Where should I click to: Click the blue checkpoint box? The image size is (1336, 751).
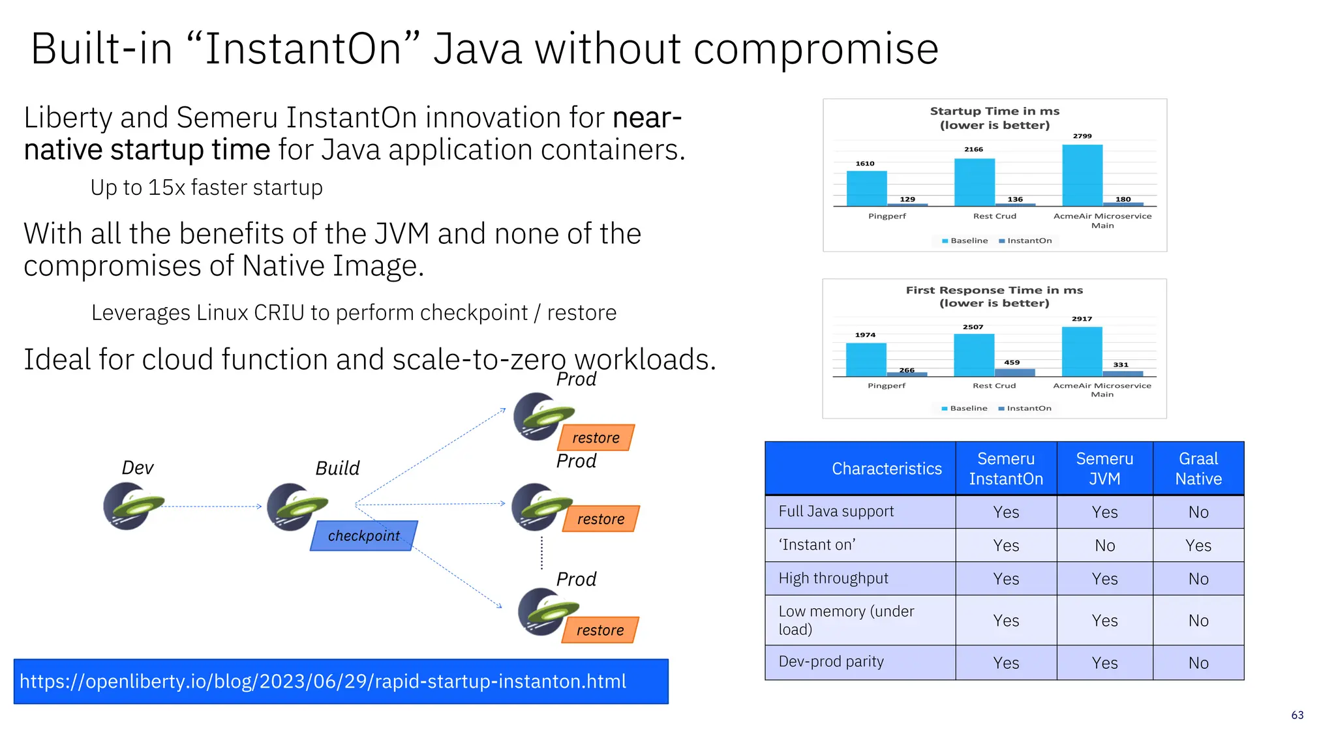pos(363,535)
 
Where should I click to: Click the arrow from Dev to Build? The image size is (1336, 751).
pos(212,507)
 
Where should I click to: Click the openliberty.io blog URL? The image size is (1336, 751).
pos(323,681)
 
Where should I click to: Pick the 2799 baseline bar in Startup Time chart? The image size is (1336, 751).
pos(1082,175)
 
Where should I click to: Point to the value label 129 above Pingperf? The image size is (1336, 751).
pos(907,199)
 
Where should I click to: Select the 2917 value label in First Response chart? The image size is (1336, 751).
pos(1082,319)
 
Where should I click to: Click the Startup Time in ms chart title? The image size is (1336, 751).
pos(994,111)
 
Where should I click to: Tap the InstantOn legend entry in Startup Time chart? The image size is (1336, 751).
pos(1029,241)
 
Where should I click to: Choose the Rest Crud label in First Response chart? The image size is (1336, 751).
pos(994,385)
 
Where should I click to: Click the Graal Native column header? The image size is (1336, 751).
pos(1198,469)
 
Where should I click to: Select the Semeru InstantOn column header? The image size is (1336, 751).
pos(1005,469)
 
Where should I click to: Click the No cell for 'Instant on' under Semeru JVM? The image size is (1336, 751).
pos(1104,546)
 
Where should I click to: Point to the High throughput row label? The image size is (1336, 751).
pos(833,578)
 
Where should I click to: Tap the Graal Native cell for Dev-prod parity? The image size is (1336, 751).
pos(1198,663)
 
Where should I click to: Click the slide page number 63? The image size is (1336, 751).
pos(1297,715)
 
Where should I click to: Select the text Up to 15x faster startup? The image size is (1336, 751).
pos(206,188)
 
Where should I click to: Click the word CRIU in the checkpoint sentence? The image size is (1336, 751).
pos(279,313)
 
